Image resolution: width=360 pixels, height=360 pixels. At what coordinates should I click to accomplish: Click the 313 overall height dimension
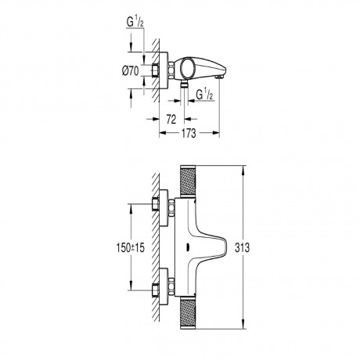point(242,247)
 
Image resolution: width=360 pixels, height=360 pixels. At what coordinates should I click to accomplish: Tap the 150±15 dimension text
point(131,247)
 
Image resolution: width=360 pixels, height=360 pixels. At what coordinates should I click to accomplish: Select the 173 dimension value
point(189,133)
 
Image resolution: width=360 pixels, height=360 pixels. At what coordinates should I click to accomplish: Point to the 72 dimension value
point(171,119)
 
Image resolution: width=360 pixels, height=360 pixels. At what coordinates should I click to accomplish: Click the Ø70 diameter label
point(131,70)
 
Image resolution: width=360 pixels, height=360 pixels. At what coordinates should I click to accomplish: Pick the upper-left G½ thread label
point(135,22)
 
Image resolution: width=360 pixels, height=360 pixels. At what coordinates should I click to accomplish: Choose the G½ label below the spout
point(204,95)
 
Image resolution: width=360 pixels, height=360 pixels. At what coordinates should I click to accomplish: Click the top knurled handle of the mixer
point(188,181)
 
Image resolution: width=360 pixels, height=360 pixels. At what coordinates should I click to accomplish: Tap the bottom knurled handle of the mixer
point(188,313)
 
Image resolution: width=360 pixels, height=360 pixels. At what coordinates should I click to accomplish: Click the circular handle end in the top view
point(188,68)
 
